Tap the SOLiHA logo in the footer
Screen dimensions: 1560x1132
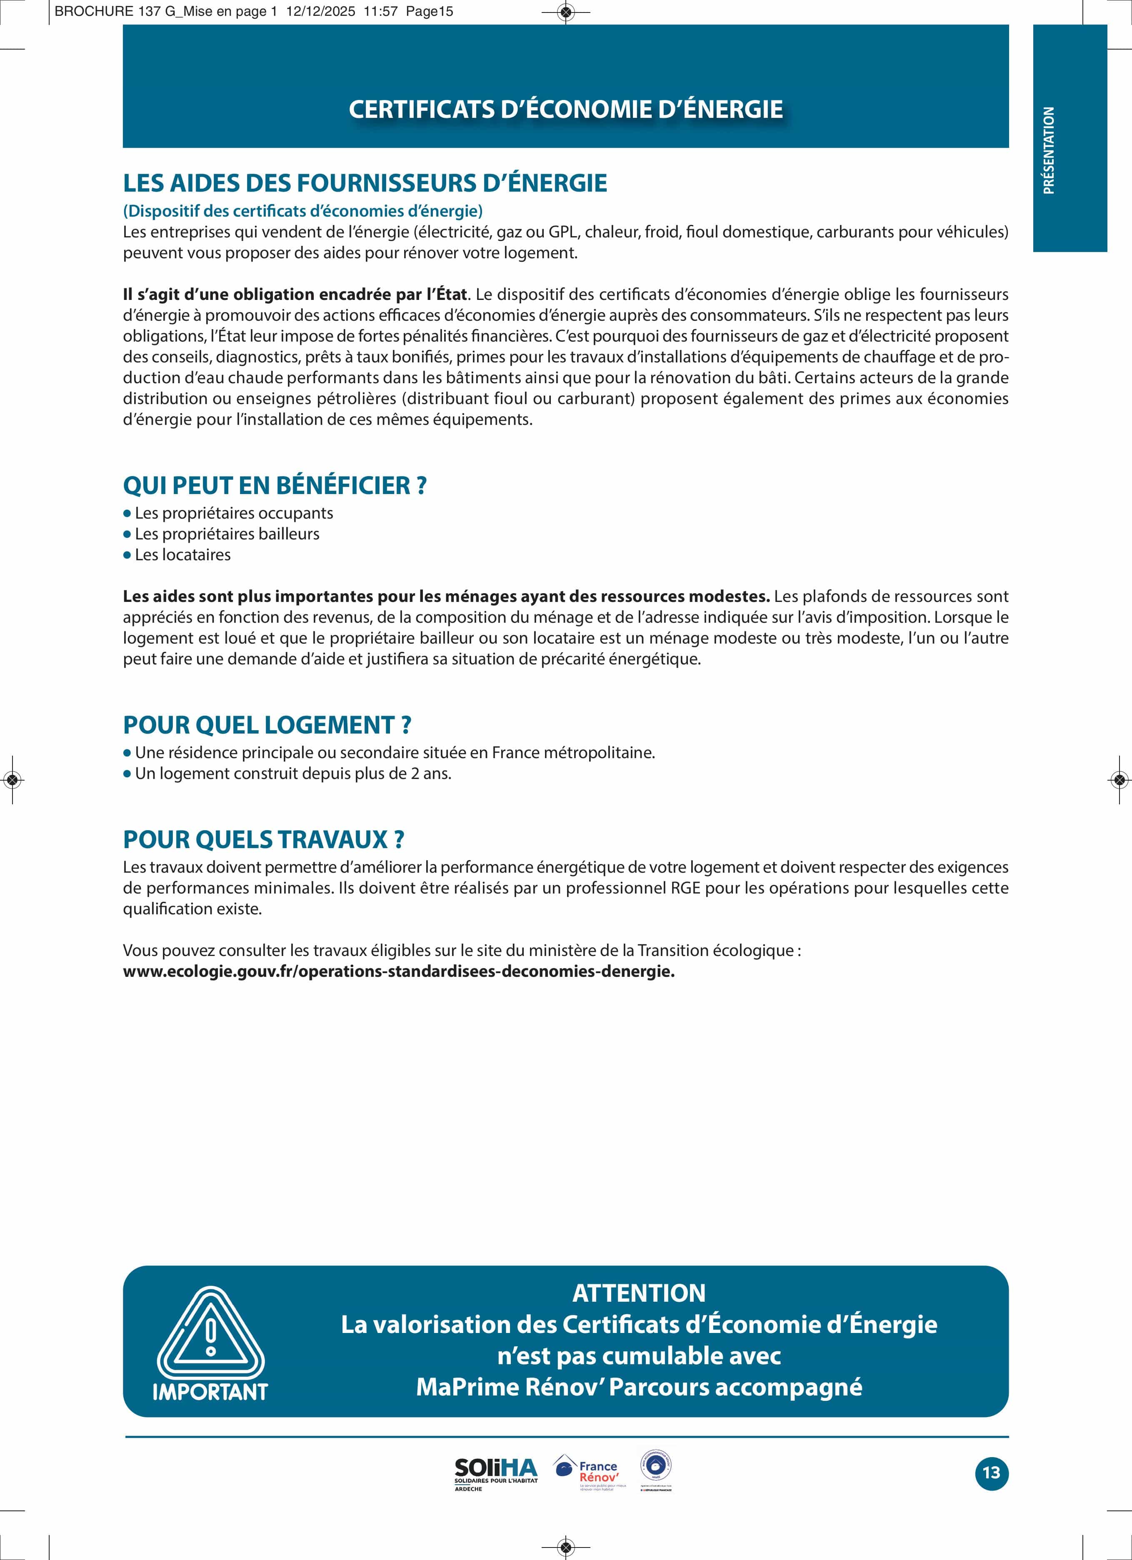click(x=495, y=1473)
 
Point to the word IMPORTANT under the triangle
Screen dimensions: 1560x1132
click(x=210, y=1391)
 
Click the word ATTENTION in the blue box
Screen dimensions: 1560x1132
click(x=639, y=1293)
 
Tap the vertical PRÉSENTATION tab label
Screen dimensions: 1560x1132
click(x=1049, y=150)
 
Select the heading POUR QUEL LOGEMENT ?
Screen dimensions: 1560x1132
click(x=267, y=725)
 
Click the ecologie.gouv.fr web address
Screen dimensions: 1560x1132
click(x=398, y=971)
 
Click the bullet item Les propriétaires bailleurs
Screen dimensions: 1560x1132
click(x=227, y=534)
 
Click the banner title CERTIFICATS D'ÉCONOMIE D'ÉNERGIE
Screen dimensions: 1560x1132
click(x=566, y=110)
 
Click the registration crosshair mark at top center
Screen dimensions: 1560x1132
click(x=566, y=12)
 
